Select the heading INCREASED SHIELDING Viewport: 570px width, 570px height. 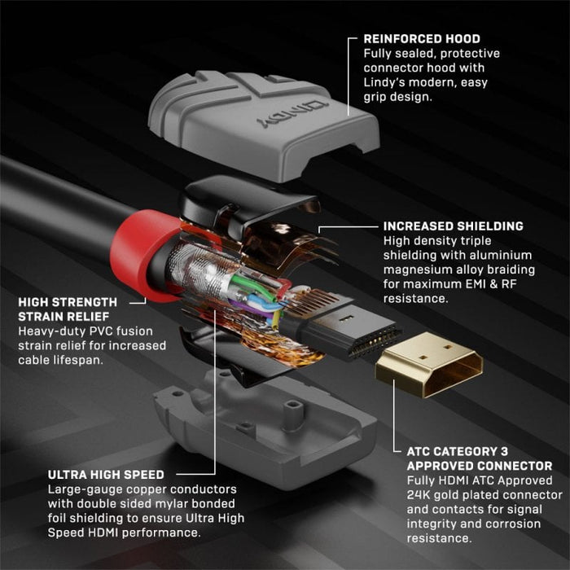453,226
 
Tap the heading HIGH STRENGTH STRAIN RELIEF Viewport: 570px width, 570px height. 72,309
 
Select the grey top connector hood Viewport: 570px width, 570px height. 261,122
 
